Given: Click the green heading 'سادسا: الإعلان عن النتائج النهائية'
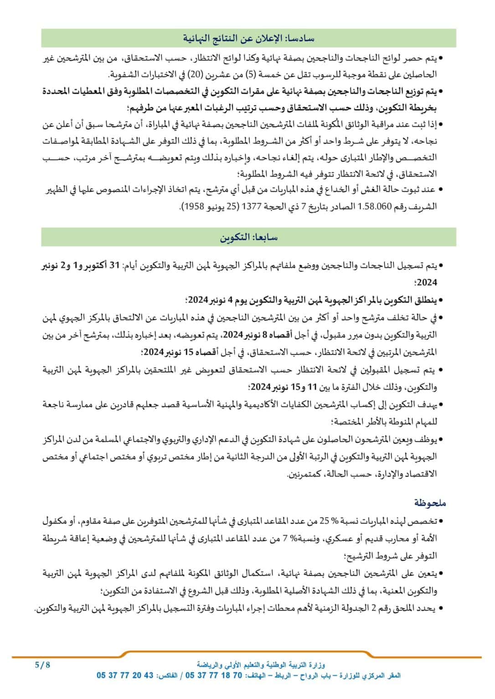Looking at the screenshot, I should [249, 37].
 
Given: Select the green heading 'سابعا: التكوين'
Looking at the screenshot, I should [249, 237].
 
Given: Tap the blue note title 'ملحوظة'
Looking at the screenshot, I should [430, 503].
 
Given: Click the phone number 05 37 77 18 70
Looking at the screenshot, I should [214, 676].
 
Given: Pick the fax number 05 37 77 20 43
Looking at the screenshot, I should [125, 676].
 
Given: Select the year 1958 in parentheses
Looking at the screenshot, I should [194, 206].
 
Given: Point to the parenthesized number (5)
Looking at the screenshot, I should [262, 74].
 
